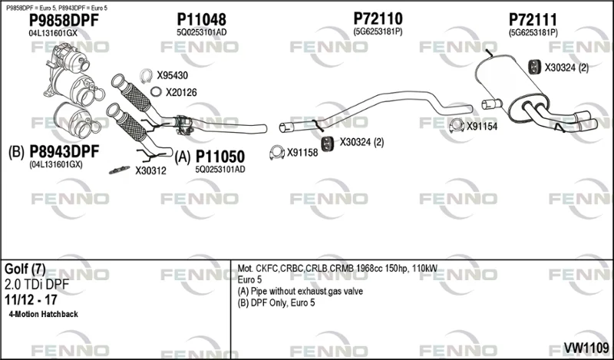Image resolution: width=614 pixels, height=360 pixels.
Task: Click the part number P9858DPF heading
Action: click(64, 21)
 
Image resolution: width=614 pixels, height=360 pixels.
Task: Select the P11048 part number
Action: click(201, 20)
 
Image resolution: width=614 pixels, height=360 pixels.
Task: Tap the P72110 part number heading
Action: click(378, 18)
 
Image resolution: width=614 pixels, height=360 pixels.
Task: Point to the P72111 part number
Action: click(533, 20)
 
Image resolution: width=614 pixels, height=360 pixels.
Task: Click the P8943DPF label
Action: click(64, 151)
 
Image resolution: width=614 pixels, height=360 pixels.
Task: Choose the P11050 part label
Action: click(220, 157)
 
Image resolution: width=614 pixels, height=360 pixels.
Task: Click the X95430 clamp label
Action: click(172, 75)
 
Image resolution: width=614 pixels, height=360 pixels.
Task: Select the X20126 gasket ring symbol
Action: click(156, 91)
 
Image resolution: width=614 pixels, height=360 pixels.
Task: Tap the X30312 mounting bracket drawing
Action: click(120, 170)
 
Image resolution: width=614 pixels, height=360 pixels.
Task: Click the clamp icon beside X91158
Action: click(277, 153)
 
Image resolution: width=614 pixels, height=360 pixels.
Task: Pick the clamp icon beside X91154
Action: click(456, 125)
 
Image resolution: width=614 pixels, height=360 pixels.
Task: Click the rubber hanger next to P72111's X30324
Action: click(534, 68)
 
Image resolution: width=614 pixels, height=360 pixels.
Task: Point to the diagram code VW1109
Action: click(586, 348)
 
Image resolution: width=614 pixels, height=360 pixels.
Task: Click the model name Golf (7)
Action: click(25, 269)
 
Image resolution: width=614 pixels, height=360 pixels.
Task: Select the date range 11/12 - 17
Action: click(31, 300)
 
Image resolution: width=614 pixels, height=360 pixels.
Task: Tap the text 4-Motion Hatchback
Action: click(43, 314)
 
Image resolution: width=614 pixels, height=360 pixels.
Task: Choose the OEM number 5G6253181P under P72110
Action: click(378, 31)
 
